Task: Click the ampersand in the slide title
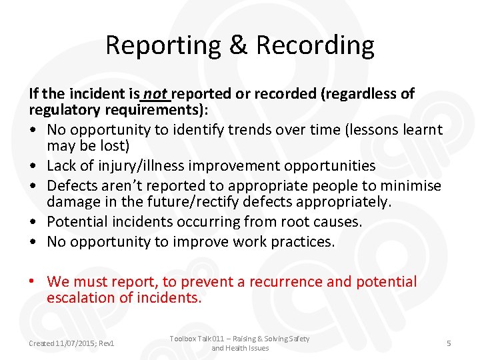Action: tap(237, 46)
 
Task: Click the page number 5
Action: tap(449, 343)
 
